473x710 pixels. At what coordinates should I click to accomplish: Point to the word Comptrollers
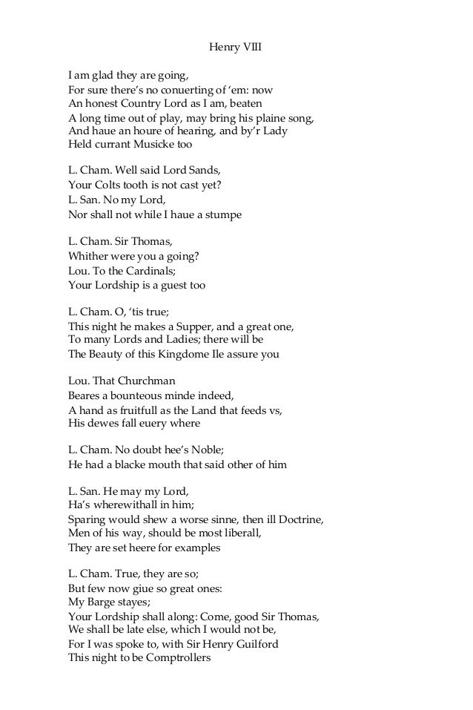(173, 658)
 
